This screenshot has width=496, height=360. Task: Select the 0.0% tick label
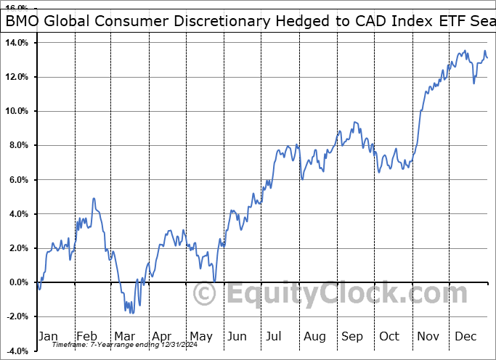click(x=18, y=282)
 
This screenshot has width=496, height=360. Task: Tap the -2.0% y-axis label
click(x=17, y=316)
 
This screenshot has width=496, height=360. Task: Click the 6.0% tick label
click(x=18, y=180)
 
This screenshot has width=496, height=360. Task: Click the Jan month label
click(x=47, y=336)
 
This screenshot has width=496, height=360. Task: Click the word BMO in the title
click(x=23, y=22)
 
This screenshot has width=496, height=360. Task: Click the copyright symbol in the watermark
click(x=206, y=294)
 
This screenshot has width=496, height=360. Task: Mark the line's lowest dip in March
click(x=131, y=313)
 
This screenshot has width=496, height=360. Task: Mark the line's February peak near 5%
click(x=94, y=198)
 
